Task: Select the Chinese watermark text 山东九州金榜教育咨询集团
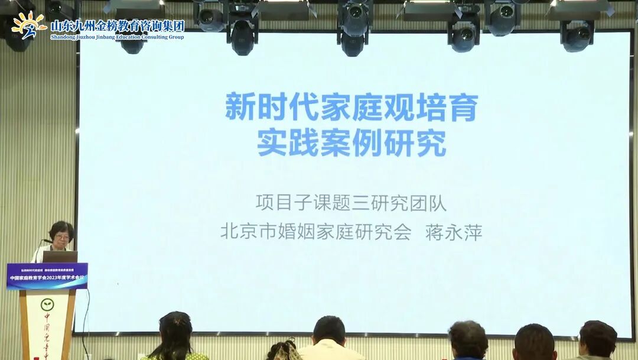click(x=118, y=25)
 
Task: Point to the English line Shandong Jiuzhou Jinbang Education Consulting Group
click(x=118, y=37)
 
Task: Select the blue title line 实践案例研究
click(x=351, y=143)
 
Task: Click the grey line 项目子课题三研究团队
click(x=351, y=203)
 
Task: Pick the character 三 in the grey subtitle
click(x=360, y=203)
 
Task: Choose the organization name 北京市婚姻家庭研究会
click(x=315, y=231)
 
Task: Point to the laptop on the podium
click(x=60, y=257)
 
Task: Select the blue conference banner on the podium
click(x=47, y=276)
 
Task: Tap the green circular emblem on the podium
click(x=48, y=305)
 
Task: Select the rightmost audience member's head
click(x=597, y=339)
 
